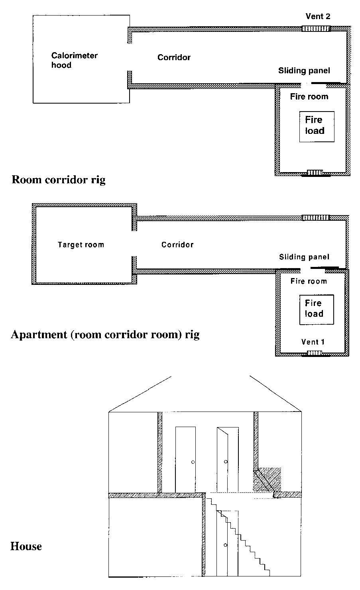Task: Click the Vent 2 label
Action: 318,16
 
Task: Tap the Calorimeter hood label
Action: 74,60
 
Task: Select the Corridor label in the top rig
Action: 174,57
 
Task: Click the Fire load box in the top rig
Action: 317,127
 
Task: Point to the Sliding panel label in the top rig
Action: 304,71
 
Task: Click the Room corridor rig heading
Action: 59,180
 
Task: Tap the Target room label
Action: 81,245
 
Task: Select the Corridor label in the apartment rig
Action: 177,245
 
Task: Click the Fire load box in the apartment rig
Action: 317,310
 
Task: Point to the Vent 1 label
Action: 313,342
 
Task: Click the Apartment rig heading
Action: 105,335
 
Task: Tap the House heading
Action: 26,546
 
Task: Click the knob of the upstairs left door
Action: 193,462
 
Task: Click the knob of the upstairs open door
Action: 226,462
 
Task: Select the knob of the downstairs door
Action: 225,545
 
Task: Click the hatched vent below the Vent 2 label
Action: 316,28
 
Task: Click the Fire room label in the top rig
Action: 309,97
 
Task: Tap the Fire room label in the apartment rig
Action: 309,281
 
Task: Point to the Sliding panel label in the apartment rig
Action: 304,257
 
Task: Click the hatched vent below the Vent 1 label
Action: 315,353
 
